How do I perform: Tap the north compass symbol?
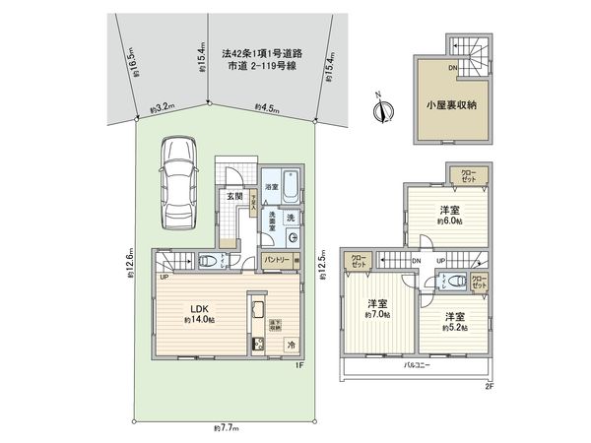(x=381, y=106)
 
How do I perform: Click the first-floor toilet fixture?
(x=208, y=261)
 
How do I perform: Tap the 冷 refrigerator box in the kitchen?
(x=292, y=345)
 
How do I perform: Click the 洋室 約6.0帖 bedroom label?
(x=450, y=214)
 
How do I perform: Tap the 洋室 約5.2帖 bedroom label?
(x=454, y=322)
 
